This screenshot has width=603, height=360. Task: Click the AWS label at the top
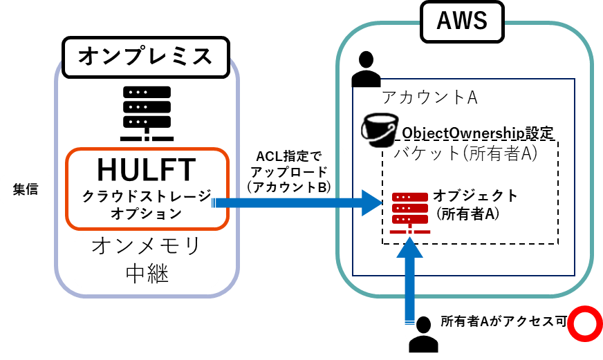click(462, 21)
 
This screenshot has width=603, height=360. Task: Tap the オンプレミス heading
click(145, 57)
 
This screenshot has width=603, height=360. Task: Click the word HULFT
click(147, 169)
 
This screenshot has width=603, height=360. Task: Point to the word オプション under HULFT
click(147, 214)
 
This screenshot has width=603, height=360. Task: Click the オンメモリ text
click(147, 246)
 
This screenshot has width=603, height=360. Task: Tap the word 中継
click(147, 274)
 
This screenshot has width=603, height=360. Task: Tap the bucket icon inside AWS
click(380, 129)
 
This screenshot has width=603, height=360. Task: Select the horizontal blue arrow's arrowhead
click(372, 203)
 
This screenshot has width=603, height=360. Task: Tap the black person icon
click(424, 331)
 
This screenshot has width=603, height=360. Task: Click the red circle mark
click(585, 323)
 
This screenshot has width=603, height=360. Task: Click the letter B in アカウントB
click(322, 187)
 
